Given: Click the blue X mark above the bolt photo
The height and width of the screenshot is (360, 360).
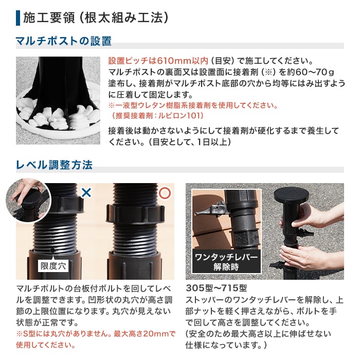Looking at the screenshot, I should point(86,193).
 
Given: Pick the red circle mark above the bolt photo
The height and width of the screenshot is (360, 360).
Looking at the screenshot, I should point(165,193).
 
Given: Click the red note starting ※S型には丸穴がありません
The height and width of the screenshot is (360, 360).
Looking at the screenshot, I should point(96,334).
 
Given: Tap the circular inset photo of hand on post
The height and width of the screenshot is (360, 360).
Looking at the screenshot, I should point(27,200).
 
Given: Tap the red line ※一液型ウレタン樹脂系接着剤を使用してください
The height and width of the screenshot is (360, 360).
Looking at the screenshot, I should point(193,105).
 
